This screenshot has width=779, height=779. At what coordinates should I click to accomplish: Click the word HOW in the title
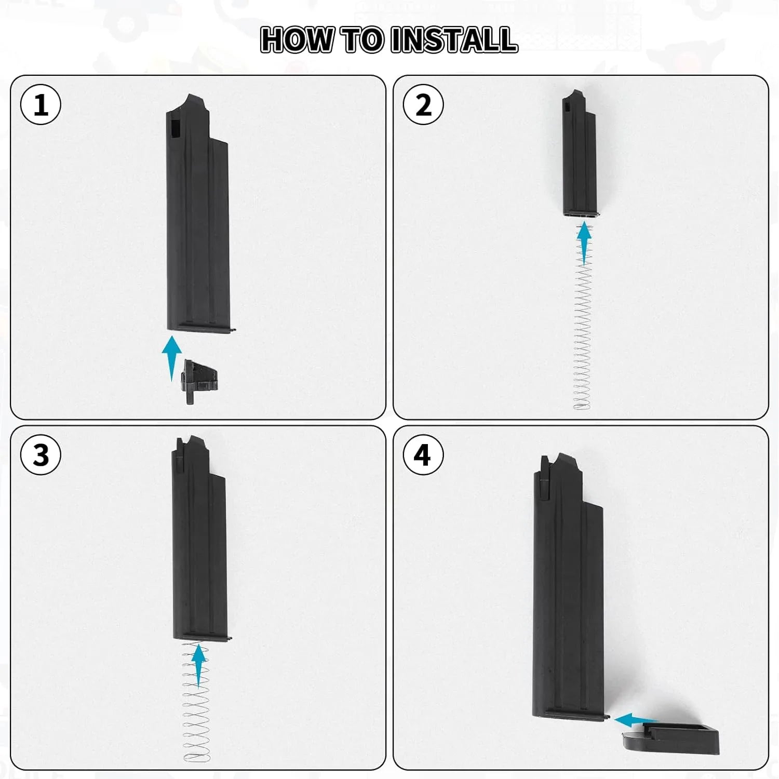(x=297, y=40)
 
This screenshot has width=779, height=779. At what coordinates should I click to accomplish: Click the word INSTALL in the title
(x=454, y=40)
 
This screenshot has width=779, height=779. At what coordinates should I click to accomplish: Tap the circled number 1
(x=41, y=104)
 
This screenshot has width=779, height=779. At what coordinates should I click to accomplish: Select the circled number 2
(x=423, y=104)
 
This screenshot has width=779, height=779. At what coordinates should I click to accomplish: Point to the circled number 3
(x=41, y=455)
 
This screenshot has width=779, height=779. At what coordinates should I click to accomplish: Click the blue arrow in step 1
(x=171, y=358)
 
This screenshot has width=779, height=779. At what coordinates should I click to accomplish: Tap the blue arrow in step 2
(x=585, y=244)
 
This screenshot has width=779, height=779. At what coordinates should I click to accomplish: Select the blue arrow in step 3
(x=198, y=665)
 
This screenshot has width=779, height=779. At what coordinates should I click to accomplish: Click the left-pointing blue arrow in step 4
(x=635, y=720)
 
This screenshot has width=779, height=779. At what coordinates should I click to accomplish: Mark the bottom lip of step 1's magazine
(x=203, y=327)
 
